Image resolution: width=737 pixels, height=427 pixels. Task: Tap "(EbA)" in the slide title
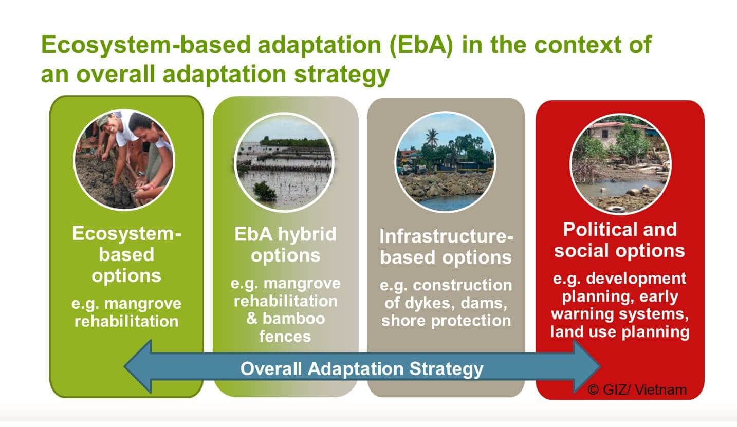[421, 45]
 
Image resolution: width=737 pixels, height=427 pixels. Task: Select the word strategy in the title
[342, 75]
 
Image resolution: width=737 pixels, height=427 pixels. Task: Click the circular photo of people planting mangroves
[124, 160]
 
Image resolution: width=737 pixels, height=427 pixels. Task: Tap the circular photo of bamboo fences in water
[284, 162]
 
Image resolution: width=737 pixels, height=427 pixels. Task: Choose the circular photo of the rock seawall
[446, 162]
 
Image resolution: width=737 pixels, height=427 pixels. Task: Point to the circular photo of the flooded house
[620, 164]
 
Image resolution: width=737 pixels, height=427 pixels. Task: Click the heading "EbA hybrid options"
[286, 245]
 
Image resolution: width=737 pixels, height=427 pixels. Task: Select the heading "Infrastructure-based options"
[446, 247]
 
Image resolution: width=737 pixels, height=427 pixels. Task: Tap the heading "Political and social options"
[620, 240]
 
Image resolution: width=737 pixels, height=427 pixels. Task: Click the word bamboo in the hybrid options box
[293, 319]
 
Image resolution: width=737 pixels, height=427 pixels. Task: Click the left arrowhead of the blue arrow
[138, 366]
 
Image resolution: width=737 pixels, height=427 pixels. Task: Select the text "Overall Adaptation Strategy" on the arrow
[362, 368]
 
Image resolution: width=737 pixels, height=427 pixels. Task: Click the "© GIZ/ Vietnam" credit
[637, 390]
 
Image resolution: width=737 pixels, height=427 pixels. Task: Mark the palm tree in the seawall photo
[431, 138]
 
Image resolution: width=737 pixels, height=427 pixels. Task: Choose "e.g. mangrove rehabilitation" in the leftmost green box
[126, 312]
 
